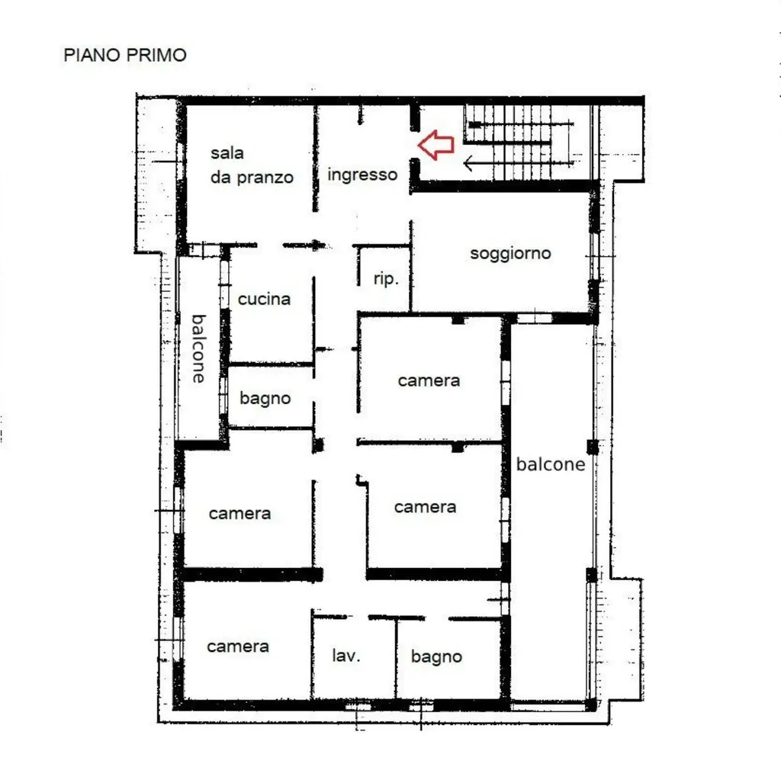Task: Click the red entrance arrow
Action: click(435, 145)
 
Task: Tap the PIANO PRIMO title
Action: click(125, 55)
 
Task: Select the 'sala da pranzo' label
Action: click(252, 165)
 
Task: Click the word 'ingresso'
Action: click(362, 175)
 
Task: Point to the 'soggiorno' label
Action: click(510, 253)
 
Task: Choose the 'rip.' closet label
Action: click(386, 278)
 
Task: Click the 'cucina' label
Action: click(264, 299)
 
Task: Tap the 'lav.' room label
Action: click(346, 655)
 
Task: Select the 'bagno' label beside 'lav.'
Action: click(436, 656)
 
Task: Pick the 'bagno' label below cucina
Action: click(265, 398)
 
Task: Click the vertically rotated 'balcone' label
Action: click(199, 348)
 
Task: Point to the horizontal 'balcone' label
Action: click(551, 464)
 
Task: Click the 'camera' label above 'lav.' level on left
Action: click(239, 513)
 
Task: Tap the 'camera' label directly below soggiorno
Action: click(429, 380)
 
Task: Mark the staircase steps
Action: click(518, 143)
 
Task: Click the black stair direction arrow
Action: click(518, 162)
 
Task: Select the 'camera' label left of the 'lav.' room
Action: click(238, 646)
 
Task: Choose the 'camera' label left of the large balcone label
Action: click(425, 507)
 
